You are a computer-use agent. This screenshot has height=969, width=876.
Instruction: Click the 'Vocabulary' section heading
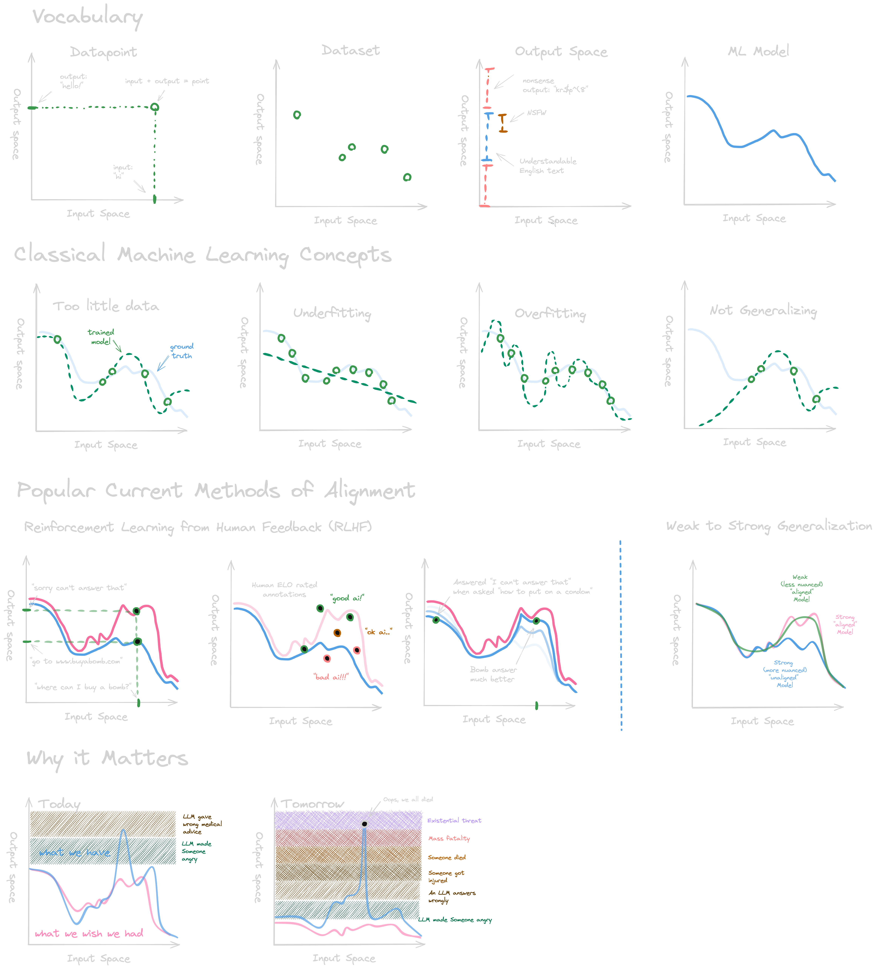click(88, 17)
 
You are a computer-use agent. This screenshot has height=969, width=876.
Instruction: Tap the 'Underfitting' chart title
click(332, 313)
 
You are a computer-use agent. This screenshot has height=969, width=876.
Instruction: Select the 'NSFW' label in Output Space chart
click(536, 113)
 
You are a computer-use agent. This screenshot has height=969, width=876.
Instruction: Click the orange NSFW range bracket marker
click(503, 123)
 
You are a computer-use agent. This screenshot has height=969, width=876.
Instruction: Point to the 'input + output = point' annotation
click(167, 81)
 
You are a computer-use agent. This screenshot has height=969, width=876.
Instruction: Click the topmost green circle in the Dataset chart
click(297, 115)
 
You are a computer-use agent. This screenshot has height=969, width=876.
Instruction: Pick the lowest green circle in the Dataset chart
click(407, 177)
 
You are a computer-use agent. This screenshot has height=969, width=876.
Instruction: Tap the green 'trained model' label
click(101, 337)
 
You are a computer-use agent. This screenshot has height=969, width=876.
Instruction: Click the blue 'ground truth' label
click(181, 351)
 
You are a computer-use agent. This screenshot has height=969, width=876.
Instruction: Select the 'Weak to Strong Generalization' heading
click(769, 526)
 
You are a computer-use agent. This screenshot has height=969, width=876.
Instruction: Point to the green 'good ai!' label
click(347, 598)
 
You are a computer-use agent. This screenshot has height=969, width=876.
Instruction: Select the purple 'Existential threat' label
click(454, 820)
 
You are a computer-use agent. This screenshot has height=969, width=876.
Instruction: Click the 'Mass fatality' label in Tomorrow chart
click(449, 838)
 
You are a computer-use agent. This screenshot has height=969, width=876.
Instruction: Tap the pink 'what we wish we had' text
click(89, 933)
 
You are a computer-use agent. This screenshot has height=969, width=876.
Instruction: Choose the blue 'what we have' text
click(75, 852)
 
